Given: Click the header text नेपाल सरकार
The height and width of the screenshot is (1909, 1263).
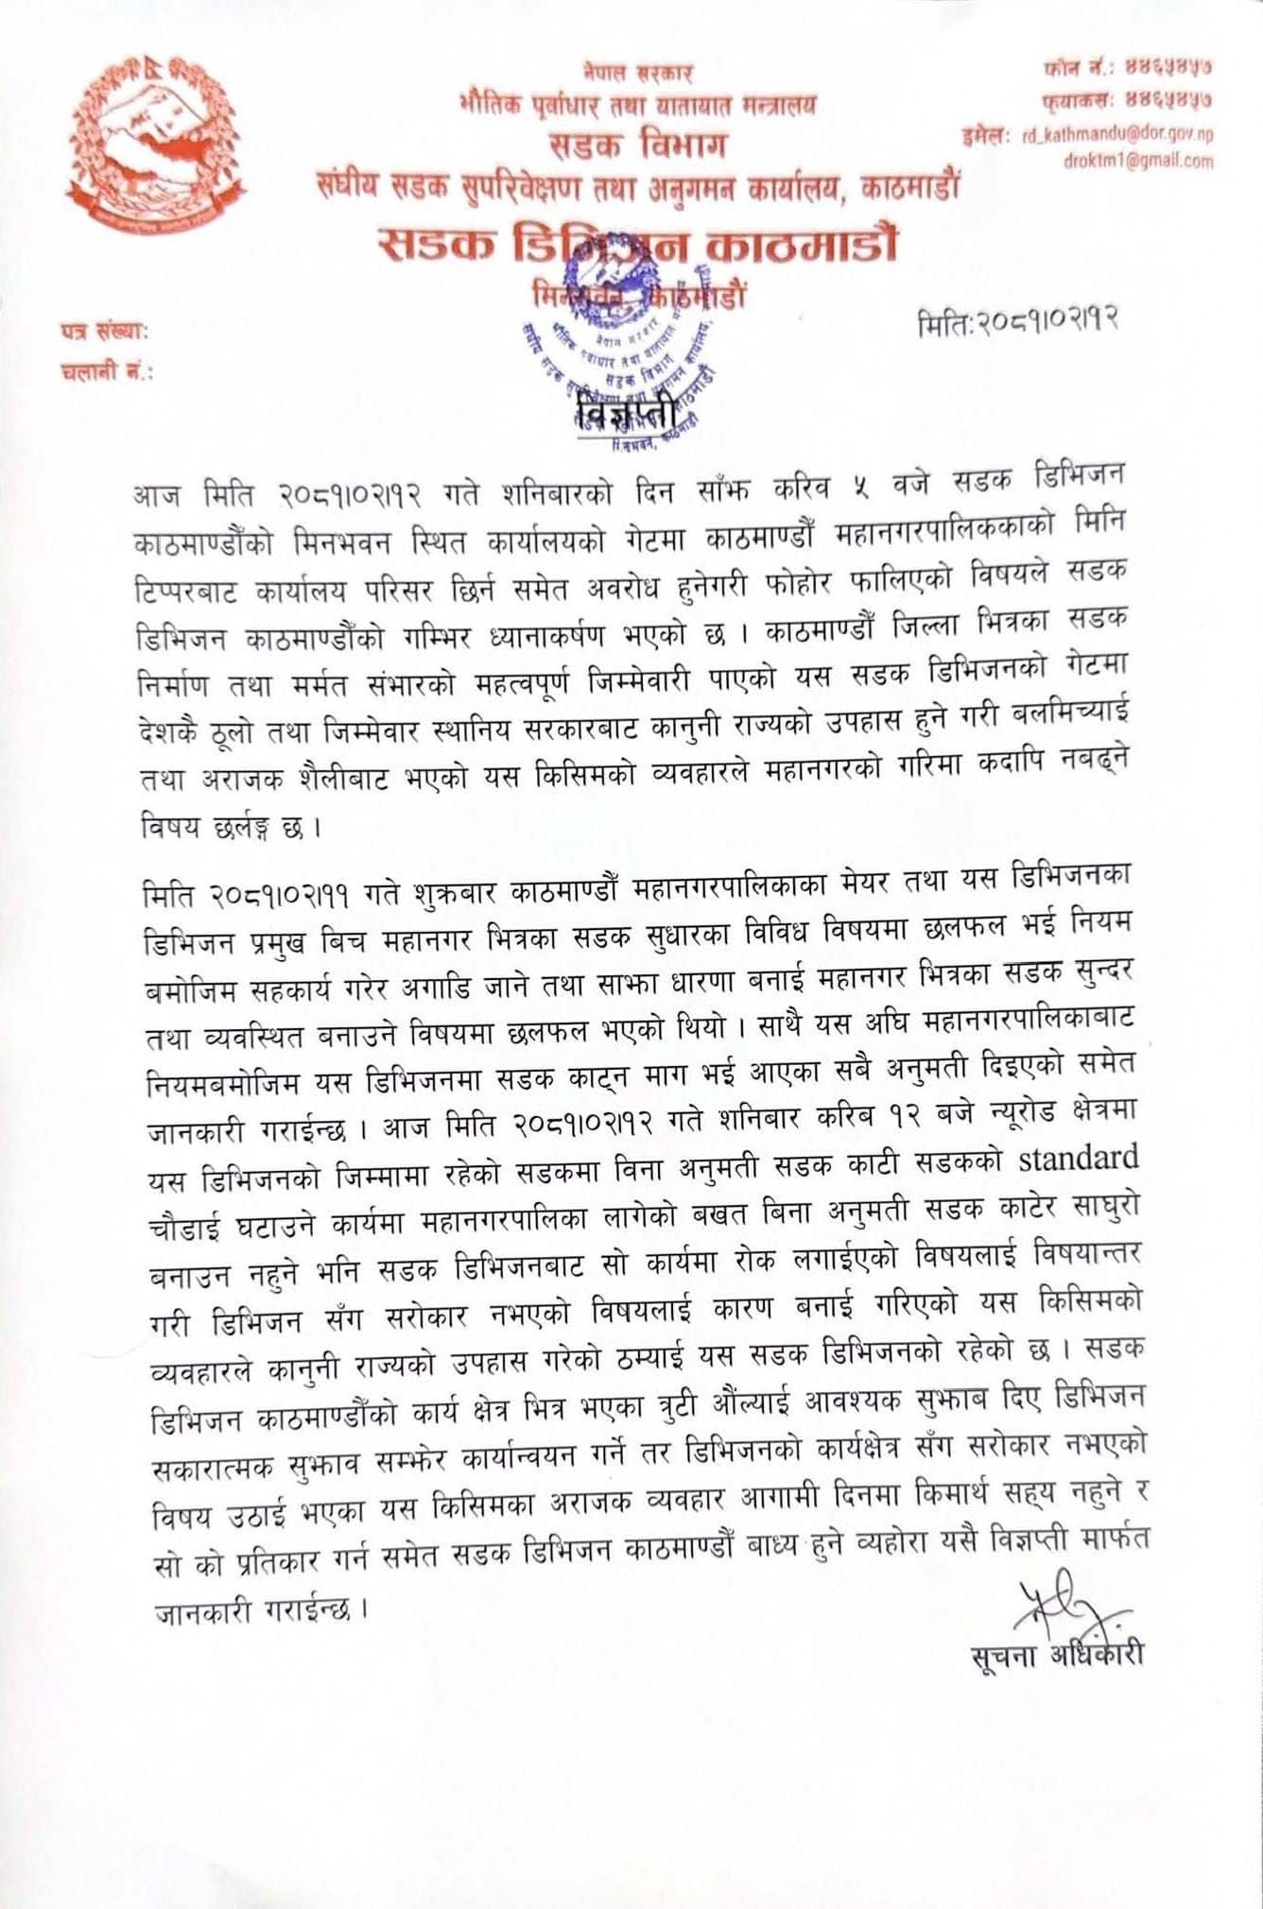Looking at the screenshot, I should click(639, 72).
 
